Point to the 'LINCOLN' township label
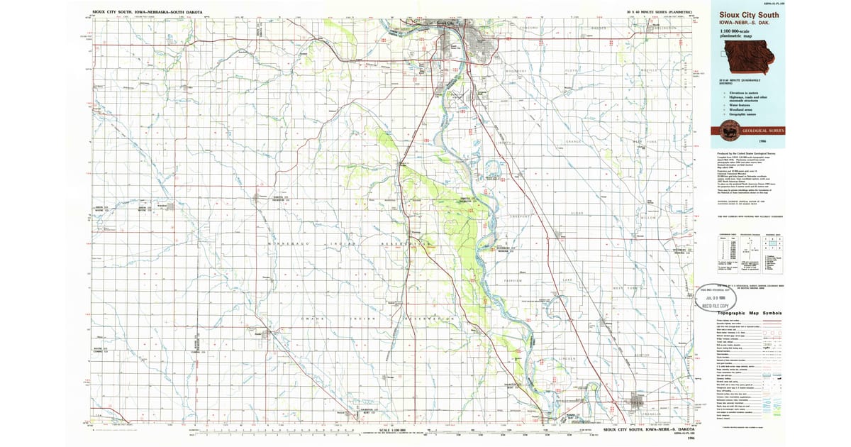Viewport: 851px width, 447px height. tap(567, 358)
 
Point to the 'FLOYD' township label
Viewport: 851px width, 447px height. tap(572, 71)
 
